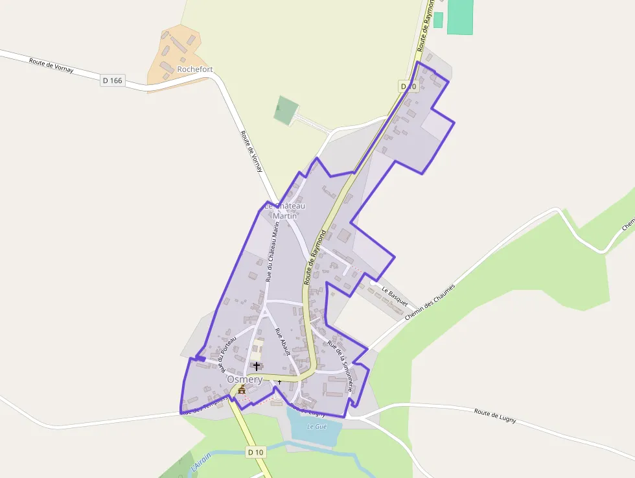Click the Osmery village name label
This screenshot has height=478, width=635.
point(244,379)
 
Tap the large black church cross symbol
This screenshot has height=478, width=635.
point(257,366)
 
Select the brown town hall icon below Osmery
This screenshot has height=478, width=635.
point(242,390)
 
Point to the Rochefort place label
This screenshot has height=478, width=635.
point(194,69)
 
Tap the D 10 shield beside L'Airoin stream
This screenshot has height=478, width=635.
point(256,452)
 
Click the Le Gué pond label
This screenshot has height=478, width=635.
point(316,426)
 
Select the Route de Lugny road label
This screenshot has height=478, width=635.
point(495,416)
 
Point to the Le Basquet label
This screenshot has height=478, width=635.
point(395,296)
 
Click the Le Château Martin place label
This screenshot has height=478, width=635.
point(284,211)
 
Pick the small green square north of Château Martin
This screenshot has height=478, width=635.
point(286,110)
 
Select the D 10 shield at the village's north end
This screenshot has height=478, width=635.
point(408,86)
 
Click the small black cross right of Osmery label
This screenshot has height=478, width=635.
point(279,382)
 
